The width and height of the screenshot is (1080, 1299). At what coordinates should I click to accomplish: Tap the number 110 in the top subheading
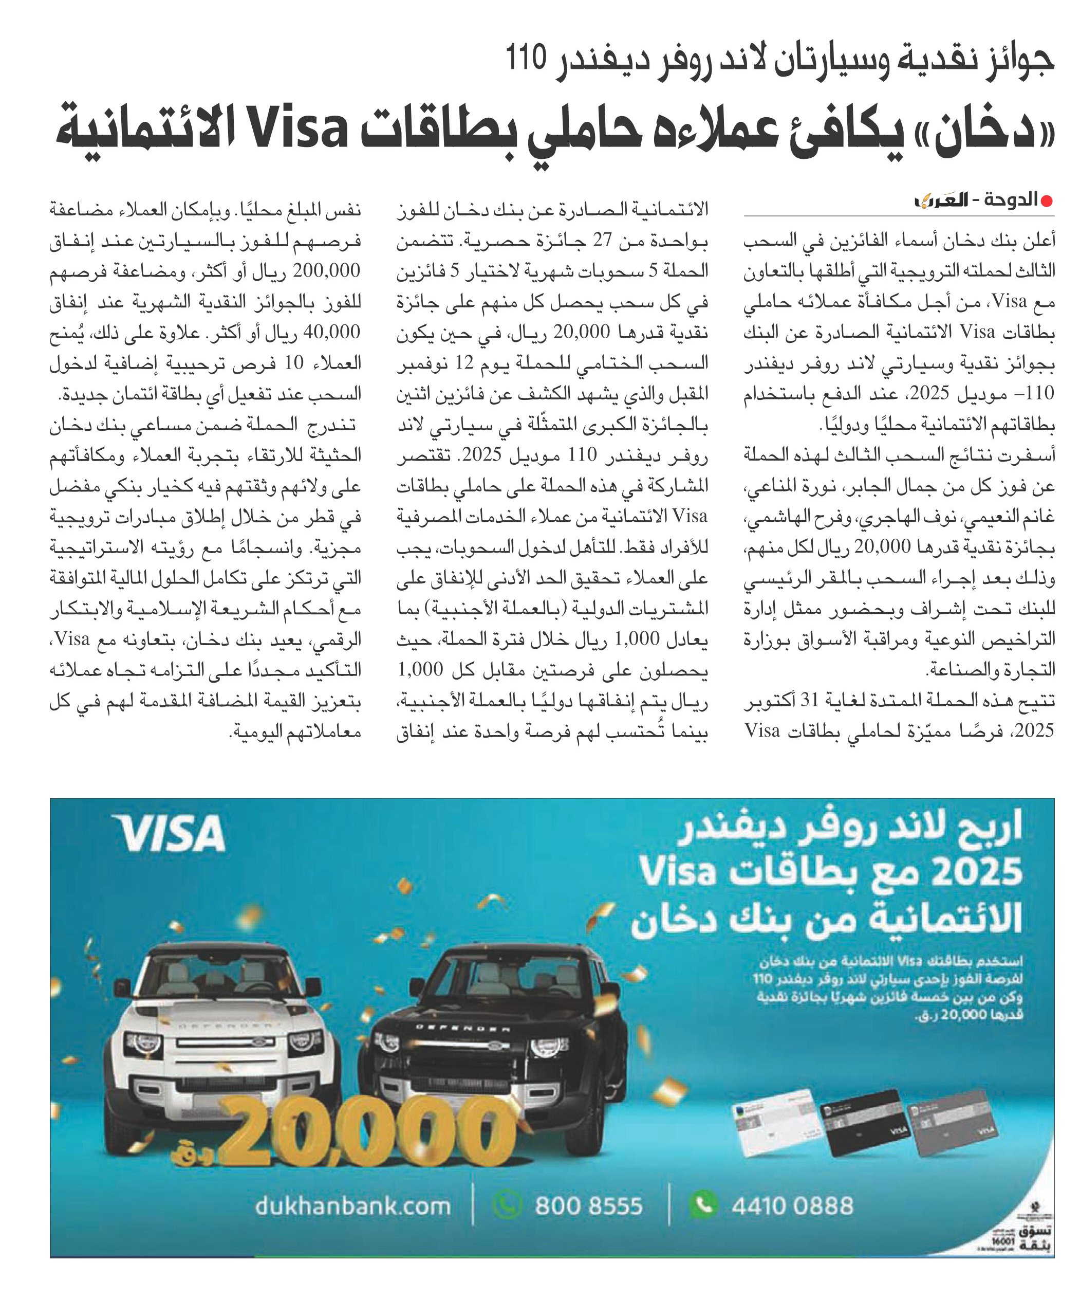[x=526, y=59]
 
